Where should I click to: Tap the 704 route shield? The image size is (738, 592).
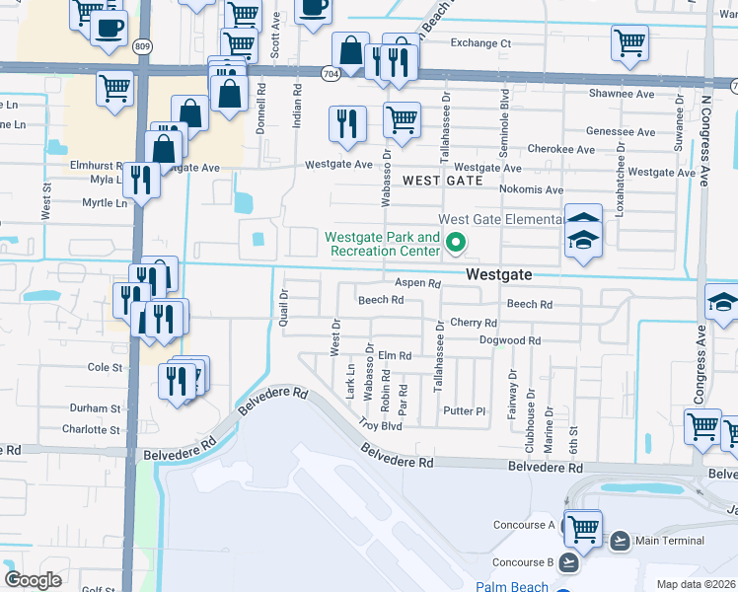pos(331,72)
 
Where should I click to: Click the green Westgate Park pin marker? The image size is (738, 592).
pos(456,242)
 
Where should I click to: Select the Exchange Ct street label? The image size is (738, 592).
pos(480,43)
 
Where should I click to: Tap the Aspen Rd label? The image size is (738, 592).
pos(417,282)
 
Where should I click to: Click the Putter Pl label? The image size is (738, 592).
pos(466,411)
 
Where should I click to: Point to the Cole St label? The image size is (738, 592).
pos(105,367)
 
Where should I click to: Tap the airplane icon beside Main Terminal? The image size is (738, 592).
pos(620,540)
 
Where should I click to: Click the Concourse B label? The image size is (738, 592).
pos(523,562)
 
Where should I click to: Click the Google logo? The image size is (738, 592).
pos(33,579)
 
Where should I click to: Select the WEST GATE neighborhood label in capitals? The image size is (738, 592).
pos(443,181)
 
